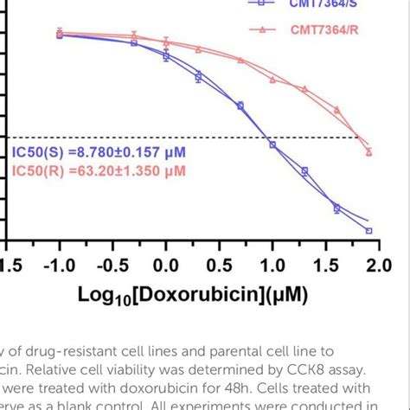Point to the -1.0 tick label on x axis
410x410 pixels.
pyautogui.click(x=58, y=264)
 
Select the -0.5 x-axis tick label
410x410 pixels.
pyautogui.click(x=110, y=264)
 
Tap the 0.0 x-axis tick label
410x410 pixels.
pyautogui.click(x=166, y=264)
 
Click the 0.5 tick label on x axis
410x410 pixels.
pyautogui.click(x=220, y=264)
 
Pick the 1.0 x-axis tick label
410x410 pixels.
pyautogui.click(x=273, y=264)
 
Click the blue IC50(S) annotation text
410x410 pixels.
pyautogui.click(x=99, y=153)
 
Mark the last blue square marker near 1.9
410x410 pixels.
pyautogui.click(x=369, y=231)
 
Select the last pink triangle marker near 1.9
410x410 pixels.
pyautogui.click(x=369, y=151)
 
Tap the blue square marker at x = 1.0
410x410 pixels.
pyautogui.click(x=272, y=144)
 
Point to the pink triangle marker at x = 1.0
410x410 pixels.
pyautogui.click(x=272, y=80)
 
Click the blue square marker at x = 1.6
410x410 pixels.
pyautogui.click(x=336, y=208)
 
